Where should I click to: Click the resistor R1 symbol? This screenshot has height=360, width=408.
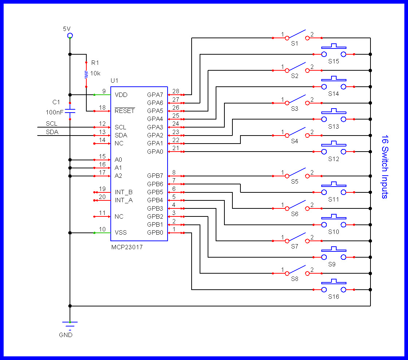[x=86, y=75]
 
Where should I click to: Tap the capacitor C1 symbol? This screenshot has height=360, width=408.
[x=70, y=110]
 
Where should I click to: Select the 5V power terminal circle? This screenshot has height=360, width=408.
[x=70, y=35]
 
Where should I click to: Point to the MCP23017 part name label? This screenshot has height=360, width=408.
[x=127, y=247]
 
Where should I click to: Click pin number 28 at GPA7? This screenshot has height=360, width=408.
[x=176, y=91]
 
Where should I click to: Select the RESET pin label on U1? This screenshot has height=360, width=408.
[x=125, y=111]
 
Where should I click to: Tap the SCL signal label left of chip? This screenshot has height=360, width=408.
[x=51, y=124]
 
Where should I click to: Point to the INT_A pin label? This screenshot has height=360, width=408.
[x=124, y=200]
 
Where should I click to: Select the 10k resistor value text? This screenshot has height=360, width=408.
[x=95, y=73]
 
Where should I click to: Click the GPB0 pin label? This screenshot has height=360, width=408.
[x=155, y=233]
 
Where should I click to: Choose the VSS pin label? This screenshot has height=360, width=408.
[x=121, y=233]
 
